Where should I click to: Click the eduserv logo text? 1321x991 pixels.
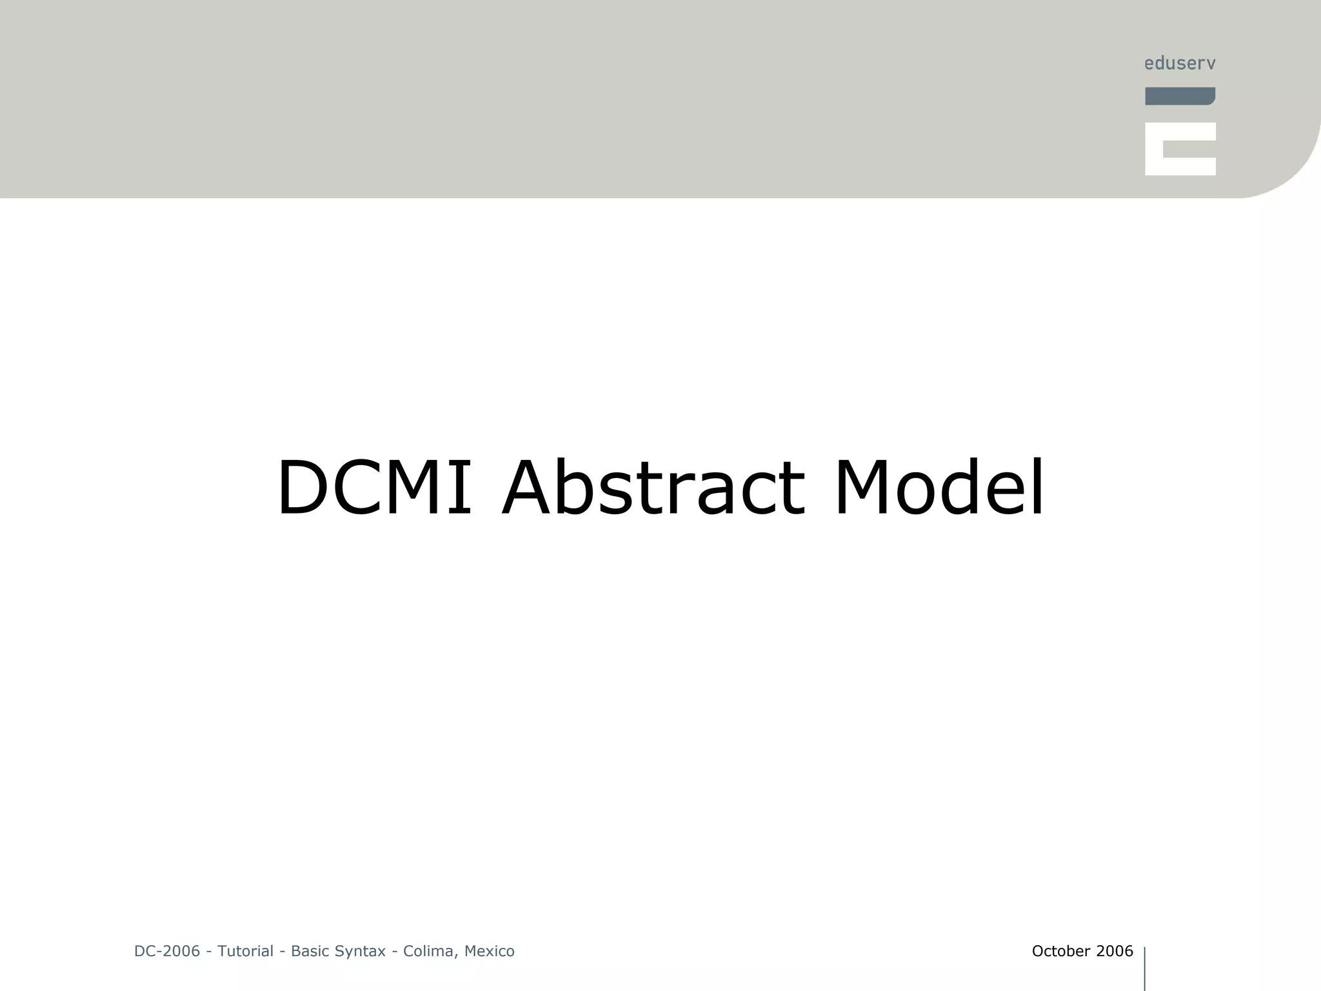click(1180, 63)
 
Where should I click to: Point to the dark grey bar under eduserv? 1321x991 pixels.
click(1180, 96)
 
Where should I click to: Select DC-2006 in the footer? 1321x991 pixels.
click(167, 951)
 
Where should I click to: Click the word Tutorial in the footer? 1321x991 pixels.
click(245, 951)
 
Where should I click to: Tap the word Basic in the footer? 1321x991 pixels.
click(310, 951)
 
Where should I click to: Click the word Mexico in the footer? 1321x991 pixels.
click(489, 951)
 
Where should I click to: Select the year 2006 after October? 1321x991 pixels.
click(1115, 951)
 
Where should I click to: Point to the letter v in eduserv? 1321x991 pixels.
click(1211, 64)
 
